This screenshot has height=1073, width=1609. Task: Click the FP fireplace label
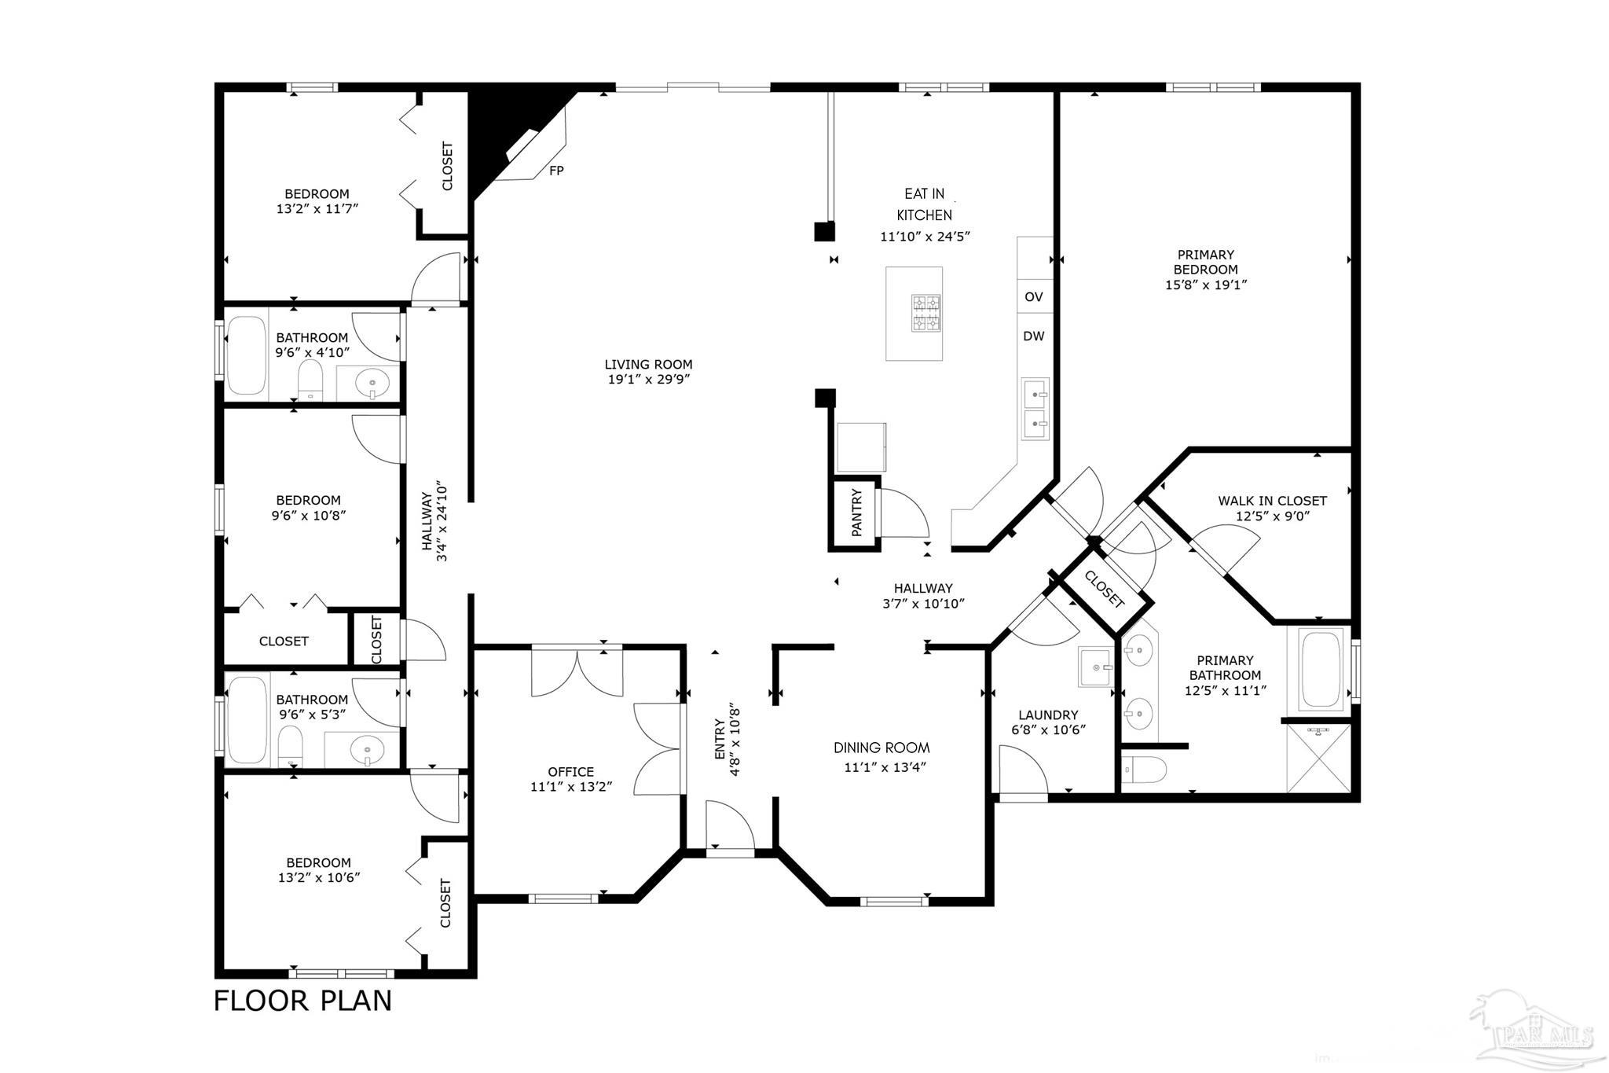pyautogui.click(x=556, y=170)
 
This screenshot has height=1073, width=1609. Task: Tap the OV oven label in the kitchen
pyautogui.click(x=1034, y=296)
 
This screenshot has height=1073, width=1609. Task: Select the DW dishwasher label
pyautogui.click(x=1034, y=336)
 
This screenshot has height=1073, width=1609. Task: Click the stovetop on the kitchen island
pyautogui.click(x=926, y=313)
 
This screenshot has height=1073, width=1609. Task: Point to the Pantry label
pyautogui.click(x=856, y=513)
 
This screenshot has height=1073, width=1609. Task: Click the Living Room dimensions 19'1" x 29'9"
pyautogui.click(x=648, y=379)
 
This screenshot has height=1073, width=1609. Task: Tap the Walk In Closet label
pyautogui.click(x=1272, y=501)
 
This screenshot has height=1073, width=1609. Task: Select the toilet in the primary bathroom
pyautogui.click(x=1143, y=770)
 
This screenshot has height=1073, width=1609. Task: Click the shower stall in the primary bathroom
pyautogui.click(x=1318, y=758)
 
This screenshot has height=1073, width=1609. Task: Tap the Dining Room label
pyautogui.click(x=881, y=748)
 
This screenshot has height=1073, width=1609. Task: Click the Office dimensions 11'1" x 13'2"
pyautogui.click(x=571, y=786)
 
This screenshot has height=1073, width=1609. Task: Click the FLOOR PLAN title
pyautogui.click(x=302, y=1001)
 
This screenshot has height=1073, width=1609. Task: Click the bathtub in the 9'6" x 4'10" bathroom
pyautogui.click(x=247, y=355)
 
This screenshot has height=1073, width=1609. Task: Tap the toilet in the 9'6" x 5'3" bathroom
pyautogui.click(x=290, y=746)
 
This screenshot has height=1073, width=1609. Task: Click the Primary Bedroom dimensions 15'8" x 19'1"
pyautogui.click(x=1206, y=285)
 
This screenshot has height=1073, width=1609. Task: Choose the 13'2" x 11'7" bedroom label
pyautogui.click(x=317, y=201)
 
